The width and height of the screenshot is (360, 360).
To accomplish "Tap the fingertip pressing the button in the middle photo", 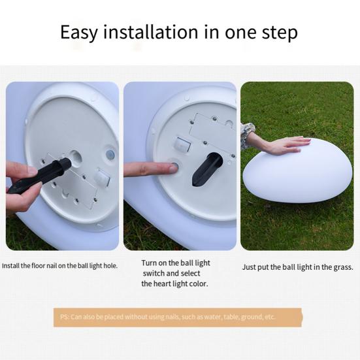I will (171, 168).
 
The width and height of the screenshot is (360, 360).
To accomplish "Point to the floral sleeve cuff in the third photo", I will (248, 136).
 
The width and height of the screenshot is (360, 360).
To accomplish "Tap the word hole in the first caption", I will (109, 266).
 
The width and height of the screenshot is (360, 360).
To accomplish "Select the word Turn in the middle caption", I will (150, 263).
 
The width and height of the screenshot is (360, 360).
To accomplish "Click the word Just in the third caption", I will (249, 267).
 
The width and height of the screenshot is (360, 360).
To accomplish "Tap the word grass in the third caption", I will (342, 267).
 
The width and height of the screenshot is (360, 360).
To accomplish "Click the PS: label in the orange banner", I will (65, 317).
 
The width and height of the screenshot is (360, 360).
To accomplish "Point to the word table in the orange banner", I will (228, 317).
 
